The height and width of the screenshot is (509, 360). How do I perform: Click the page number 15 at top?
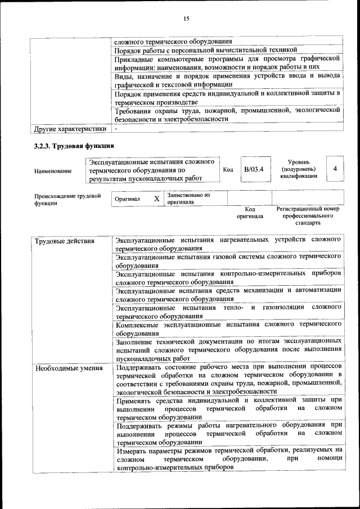[186, 20]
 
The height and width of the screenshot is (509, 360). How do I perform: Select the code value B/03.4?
[254, 169]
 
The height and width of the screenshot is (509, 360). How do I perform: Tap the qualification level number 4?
[335, 169]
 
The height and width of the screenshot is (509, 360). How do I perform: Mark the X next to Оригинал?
[156, 199]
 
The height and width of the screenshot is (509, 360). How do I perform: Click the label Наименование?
[53, 170]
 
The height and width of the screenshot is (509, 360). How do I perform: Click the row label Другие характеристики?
[70, 129]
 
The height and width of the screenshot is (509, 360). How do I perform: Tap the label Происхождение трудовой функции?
[67, 200]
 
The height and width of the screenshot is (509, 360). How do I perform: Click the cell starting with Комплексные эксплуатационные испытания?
[228, 328]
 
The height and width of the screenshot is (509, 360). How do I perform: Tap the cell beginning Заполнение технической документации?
[228, 349]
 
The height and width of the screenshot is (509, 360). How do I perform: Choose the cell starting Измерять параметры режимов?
[228, 458]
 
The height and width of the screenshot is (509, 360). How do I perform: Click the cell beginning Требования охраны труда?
[228, 115]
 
